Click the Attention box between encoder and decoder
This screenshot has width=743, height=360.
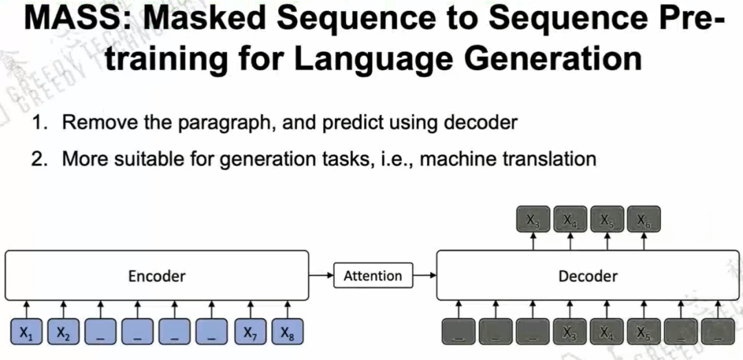click(373, 276)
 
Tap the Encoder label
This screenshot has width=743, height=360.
click(157, 276)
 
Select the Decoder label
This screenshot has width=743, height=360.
click(588, 276)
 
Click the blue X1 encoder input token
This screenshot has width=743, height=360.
click(25, 333)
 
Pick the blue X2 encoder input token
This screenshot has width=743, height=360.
click(63, 333)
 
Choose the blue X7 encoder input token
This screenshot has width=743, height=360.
click(248, 333)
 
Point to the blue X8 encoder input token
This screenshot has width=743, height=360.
click(286, 333)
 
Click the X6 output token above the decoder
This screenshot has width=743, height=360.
click(644, 220)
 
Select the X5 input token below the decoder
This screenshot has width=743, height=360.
click(644, 333)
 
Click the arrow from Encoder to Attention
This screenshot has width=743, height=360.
click(321, 276)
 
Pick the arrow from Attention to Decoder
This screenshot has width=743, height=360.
click(425, 276)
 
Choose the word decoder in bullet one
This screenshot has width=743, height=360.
click(480, 123)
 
